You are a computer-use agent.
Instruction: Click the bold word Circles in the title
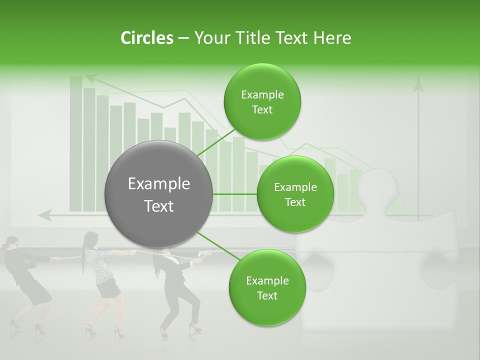point(146,38)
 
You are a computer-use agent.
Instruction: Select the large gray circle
point(159,194)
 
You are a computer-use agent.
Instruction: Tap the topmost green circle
point(262,102)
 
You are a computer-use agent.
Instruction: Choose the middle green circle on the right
point(295,194)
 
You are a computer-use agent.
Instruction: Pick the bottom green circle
point(267,288)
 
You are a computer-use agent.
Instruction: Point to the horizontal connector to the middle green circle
point(235,194)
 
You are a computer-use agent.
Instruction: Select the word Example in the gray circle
point(159,184)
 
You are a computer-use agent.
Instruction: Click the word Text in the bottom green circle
point(267,295)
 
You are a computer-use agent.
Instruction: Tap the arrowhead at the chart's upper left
point(90,78)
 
